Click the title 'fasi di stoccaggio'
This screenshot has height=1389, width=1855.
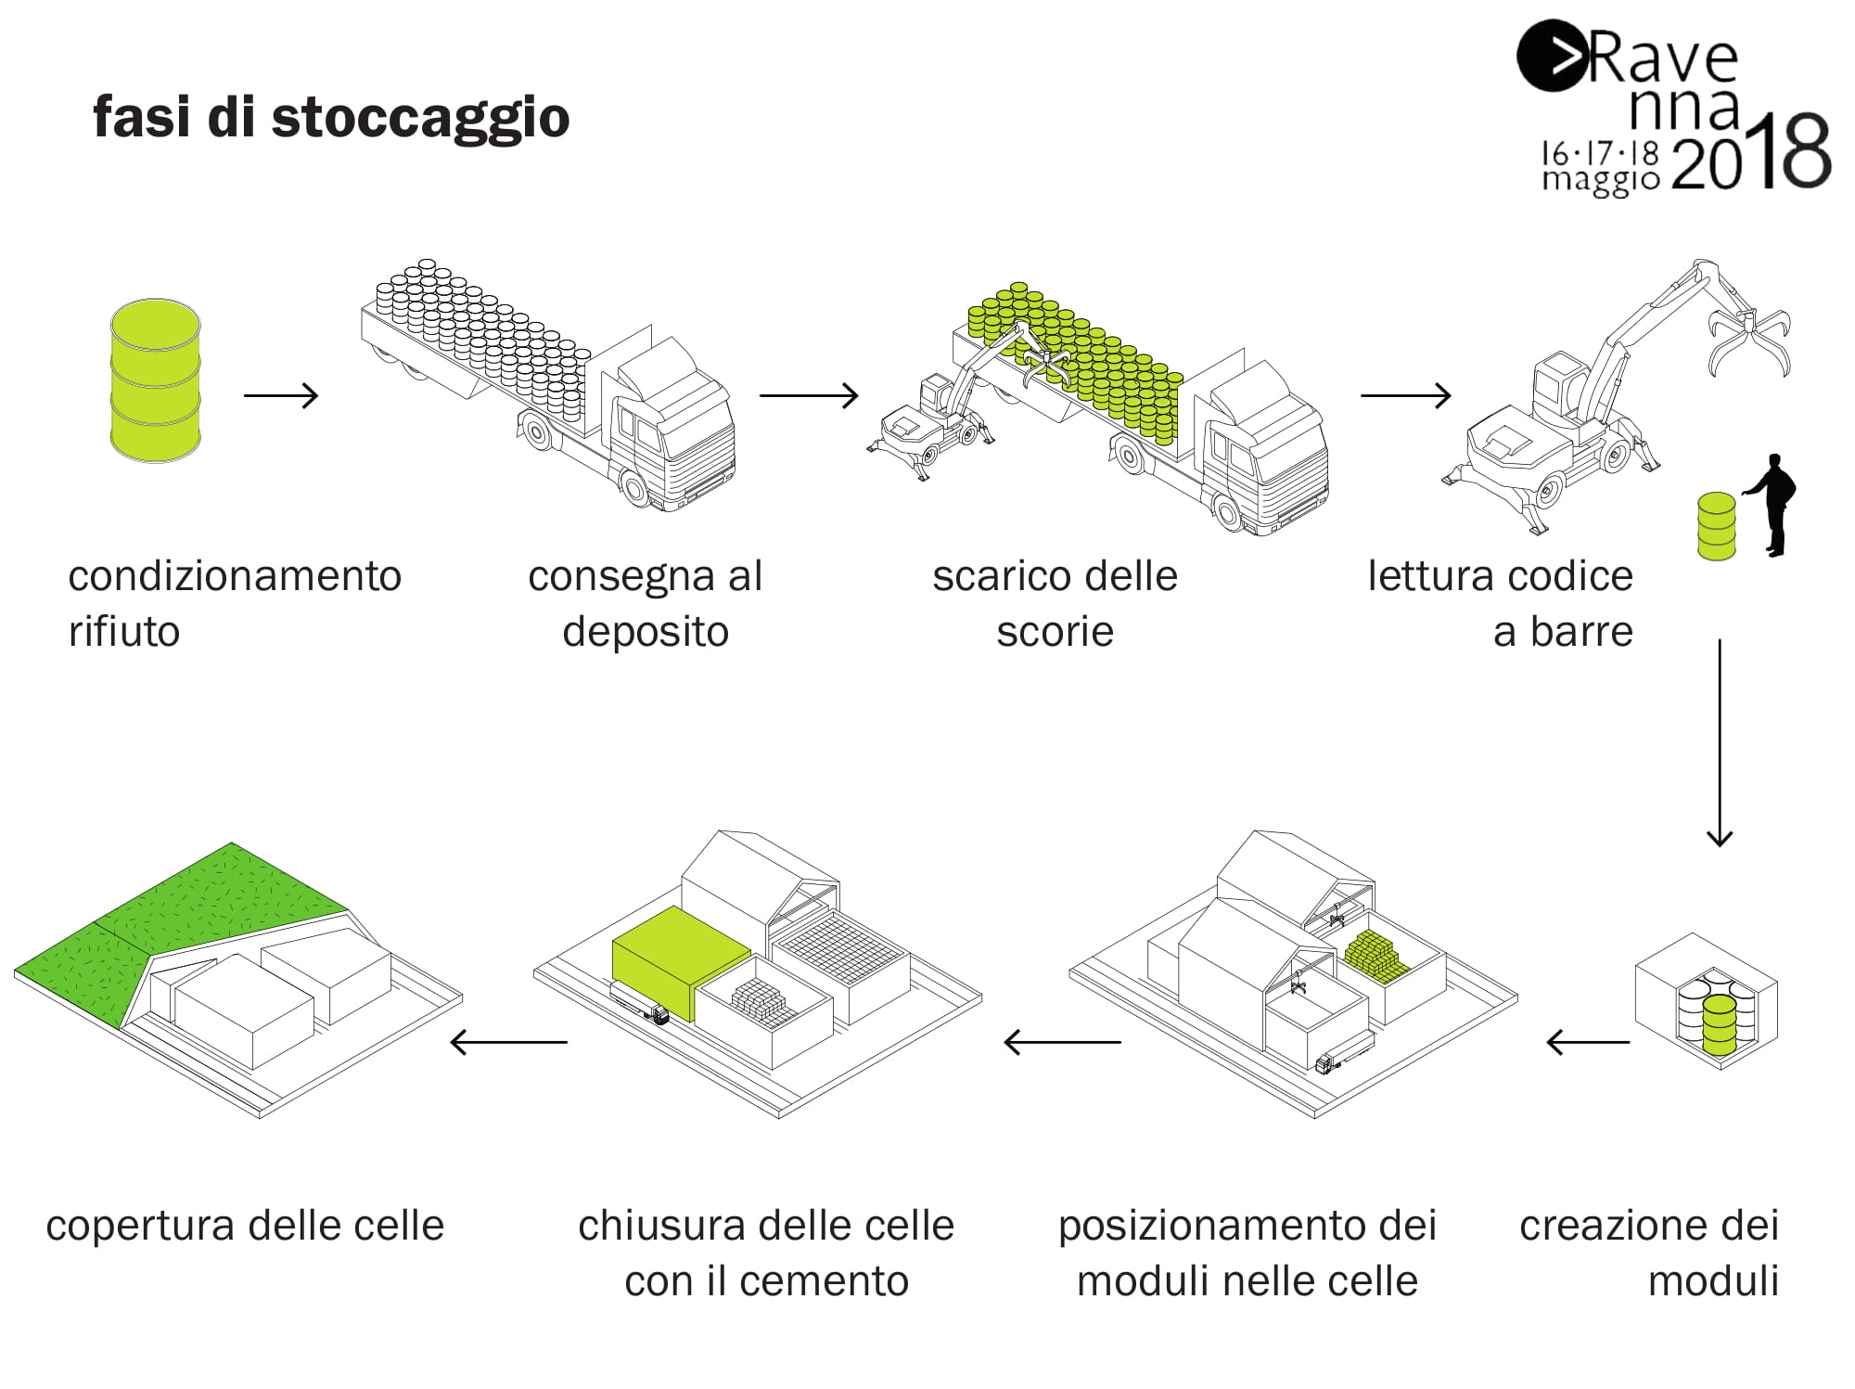pos(331,118)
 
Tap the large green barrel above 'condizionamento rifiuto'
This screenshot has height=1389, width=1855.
pos(155,380)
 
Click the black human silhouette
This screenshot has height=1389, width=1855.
pos(1772,504)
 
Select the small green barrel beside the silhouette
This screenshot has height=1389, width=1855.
pos(1716,526)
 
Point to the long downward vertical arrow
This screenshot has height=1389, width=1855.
pos(1720,742)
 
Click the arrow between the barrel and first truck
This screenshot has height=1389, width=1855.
pos(281,395)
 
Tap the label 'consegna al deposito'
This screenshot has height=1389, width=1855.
pos(646,603)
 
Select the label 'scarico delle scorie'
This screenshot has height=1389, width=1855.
pos(1055,603)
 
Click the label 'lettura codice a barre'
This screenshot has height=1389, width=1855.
pos(1500,603)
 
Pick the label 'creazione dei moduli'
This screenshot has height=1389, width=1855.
pos(1648,1253)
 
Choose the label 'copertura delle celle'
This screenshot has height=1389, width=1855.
pos(245,1226)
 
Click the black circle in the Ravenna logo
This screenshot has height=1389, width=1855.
pos(1551,56)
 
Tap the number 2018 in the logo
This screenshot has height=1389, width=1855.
pos(1751,153)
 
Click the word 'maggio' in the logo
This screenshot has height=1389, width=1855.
pos(1600,179)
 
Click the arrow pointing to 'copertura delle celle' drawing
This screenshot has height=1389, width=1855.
pos(508,1042)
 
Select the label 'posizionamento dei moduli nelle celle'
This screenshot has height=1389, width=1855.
pos(1247,1253)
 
